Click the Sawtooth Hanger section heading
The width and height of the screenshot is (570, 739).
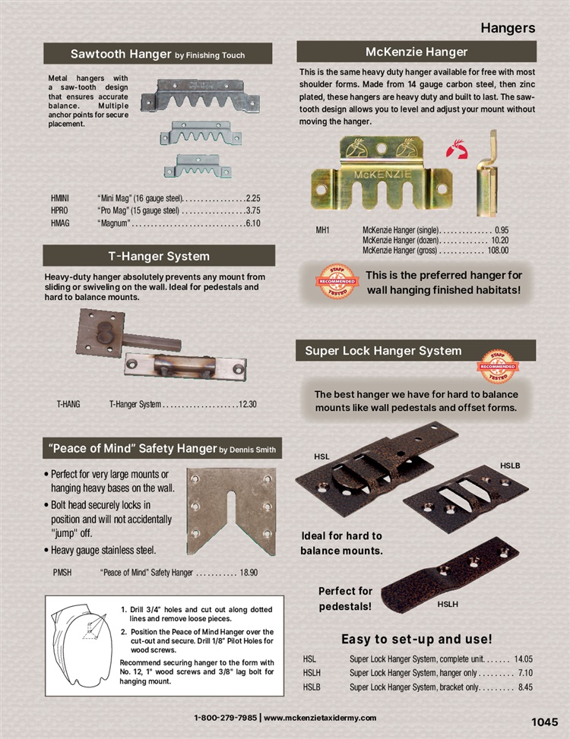[157, 54]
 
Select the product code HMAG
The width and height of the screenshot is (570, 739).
[60, 223]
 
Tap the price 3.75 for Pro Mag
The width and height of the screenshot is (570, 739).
[253, 210]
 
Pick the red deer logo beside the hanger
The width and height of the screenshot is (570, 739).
[457, 149]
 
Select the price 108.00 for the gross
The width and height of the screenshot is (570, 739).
[498, 251]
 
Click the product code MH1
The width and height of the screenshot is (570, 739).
[322, 230]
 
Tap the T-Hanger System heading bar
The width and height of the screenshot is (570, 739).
[159, 256]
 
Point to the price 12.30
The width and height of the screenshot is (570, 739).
[248, 404]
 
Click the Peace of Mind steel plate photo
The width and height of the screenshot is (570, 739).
[231, 511]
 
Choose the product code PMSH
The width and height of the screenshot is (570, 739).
[62, 573]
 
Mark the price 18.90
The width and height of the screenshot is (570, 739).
[249, 573]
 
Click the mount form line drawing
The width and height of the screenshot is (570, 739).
[82, 645]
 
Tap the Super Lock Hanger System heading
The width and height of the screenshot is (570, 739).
[383, 351]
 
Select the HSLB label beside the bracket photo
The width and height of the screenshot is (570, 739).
[510, 466]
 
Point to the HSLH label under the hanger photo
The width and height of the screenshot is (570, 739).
[448, 605]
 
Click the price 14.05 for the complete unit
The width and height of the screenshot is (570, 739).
[524, 659]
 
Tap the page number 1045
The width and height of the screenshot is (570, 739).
[545, 722]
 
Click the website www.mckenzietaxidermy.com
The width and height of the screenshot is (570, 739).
[320, 718]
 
